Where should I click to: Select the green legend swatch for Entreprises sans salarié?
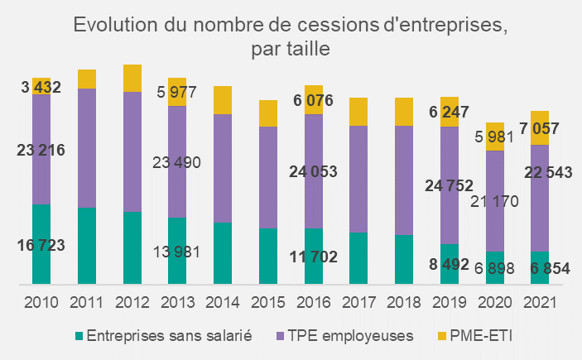(x=79, y=336)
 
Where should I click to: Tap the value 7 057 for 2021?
(x=539, y=128)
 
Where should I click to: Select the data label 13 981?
(x=178, y=252)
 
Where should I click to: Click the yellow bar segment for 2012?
(x=132, y=78)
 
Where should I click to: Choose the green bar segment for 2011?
(x=87, y=246)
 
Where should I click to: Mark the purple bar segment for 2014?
(x=223, y=168)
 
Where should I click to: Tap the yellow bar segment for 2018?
(x=403, y=112)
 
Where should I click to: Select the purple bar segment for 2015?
(x=267, y=177)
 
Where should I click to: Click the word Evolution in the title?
(x=118, y=24)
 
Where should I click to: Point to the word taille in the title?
(x=310, y=49)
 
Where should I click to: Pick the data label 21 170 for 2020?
(x=494, y=201)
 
